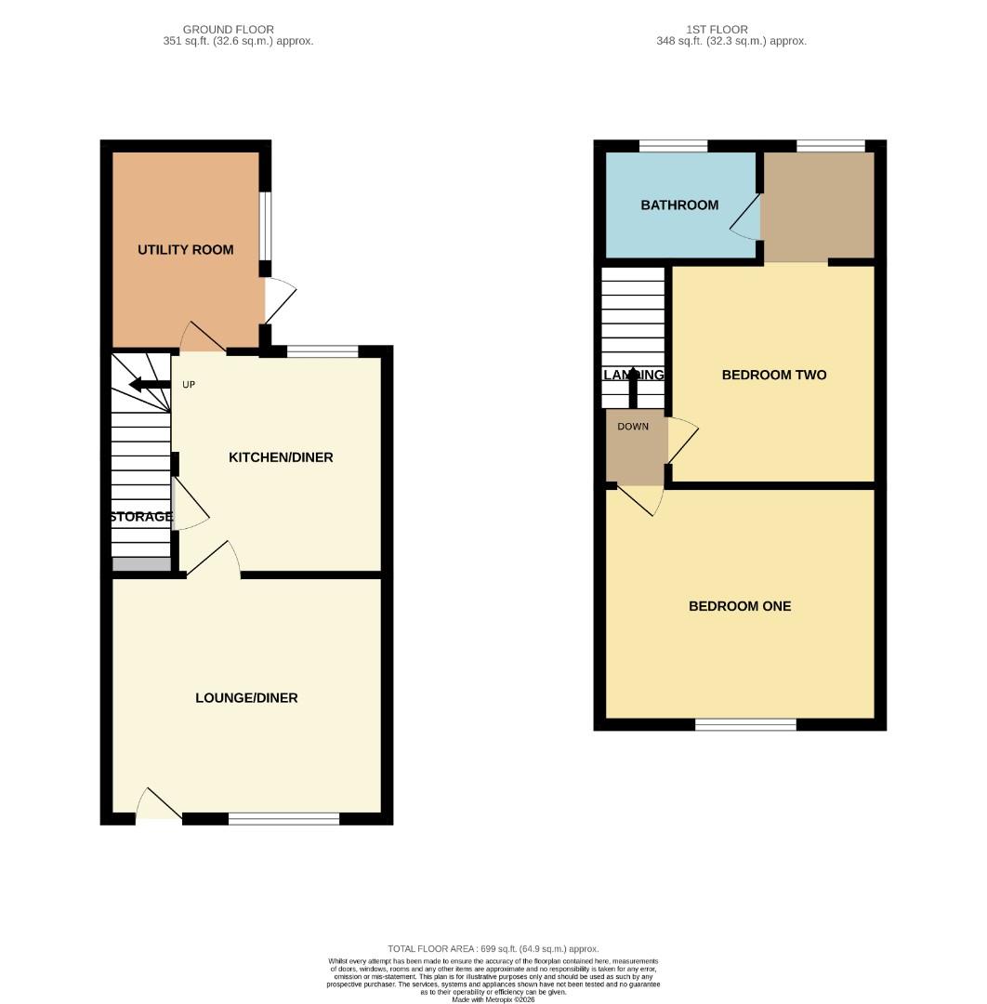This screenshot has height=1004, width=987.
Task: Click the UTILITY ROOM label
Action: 185,250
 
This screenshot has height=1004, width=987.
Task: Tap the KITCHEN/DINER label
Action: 281,457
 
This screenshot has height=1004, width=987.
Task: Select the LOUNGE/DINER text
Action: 246,698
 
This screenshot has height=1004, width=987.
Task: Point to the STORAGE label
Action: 141,517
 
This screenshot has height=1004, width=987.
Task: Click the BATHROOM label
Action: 679,205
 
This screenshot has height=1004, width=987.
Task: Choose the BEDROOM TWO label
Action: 773,376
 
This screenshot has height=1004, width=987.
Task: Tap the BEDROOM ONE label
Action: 740,606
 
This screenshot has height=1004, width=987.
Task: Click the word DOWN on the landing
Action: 633,427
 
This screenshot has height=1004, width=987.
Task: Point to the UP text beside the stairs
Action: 188,385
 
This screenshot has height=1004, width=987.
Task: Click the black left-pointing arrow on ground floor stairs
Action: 148,385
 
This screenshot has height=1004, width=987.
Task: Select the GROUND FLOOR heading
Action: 228,30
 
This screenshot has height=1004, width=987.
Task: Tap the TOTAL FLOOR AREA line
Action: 493,948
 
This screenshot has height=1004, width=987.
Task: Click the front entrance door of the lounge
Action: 159,806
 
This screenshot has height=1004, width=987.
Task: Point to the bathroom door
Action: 745,219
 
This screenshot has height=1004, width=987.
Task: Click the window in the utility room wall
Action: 265,226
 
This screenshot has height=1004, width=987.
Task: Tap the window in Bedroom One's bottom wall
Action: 745,725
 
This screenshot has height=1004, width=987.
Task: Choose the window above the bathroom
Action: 673,145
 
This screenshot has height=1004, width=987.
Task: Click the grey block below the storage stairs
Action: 141,563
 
